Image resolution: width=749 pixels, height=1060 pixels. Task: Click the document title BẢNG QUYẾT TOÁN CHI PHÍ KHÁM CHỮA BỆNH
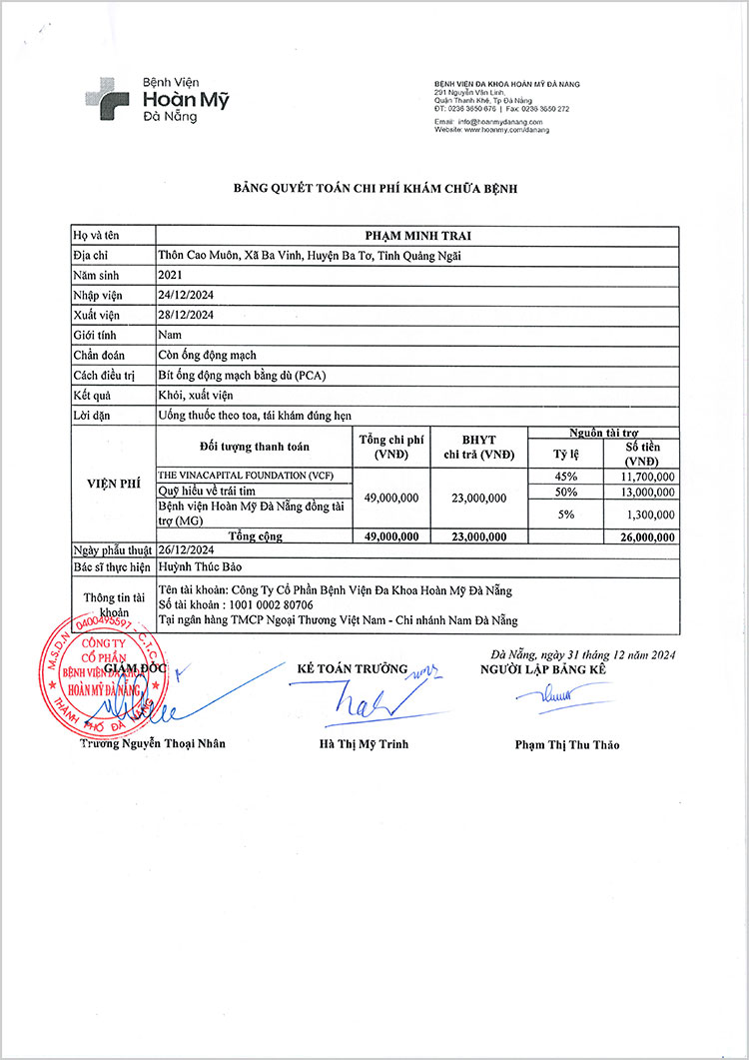374,189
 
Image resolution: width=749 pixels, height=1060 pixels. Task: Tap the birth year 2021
172,274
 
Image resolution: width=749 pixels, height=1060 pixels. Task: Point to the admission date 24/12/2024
187,294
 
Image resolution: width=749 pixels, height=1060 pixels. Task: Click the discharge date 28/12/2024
187,314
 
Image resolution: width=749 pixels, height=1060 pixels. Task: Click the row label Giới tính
96,334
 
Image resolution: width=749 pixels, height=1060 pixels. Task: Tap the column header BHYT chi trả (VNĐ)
479,447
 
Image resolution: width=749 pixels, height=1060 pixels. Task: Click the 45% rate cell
566,477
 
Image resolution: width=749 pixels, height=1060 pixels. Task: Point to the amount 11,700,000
642,477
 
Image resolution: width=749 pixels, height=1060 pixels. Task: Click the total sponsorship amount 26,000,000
642,536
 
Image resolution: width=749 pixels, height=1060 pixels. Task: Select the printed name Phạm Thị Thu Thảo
566,744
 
